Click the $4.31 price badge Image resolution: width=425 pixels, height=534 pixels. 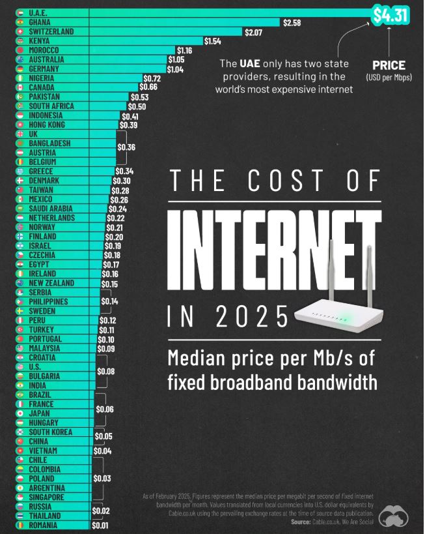390,14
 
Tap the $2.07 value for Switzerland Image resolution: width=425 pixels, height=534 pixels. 253,32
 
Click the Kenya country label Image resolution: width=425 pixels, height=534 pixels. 42,41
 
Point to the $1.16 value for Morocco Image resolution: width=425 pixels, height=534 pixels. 184,50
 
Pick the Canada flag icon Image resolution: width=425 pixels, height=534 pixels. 20,87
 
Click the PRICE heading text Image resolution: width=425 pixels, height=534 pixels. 389,65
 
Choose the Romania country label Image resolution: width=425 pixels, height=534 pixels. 44,525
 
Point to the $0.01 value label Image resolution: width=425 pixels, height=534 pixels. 100,525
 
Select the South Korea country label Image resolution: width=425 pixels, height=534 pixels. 51,432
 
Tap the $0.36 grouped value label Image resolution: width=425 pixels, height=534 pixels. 126,147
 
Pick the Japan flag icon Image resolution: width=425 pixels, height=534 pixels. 20,413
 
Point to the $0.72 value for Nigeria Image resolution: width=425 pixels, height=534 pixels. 152,78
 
